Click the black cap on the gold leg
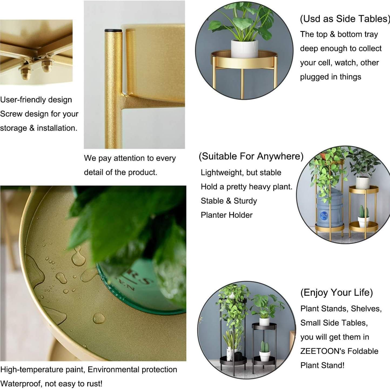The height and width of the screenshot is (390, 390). (113, 31)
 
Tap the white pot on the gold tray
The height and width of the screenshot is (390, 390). (244, 49)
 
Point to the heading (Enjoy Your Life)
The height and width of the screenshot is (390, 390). (337, 293)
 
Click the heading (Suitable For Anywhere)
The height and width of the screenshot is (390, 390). (251, 156)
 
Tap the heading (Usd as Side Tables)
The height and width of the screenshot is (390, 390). (345, 19)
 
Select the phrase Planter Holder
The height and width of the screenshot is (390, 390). (227, 215)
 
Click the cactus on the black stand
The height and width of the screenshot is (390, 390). (264, 347)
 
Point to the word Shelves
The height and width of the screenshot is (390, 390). (366, 309)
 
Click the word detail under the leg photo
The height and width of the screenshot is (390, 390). (93, 172)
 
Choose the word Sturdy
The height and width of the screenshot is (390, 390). (245, 201)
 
